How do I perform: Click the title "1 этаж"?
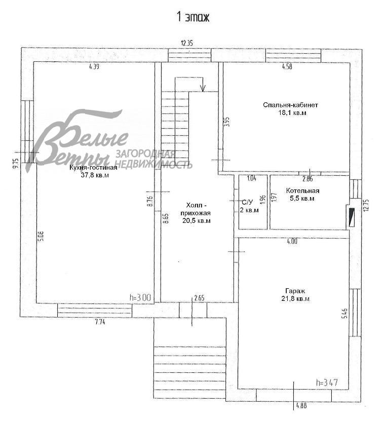[x=192, y=17]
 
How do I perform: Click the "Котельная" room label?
[x=302, y=190]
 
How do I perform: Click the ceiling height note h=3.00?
[x=141, y=298]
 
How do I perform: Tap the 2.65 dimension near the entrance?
[x=199, y=298]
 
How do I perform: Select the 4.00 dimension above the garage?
[x=292, y=242]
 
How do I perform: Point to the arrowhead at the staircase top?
[x=203, y=89]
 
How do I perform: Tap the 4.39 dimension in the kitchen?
[x=95, y=66]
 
